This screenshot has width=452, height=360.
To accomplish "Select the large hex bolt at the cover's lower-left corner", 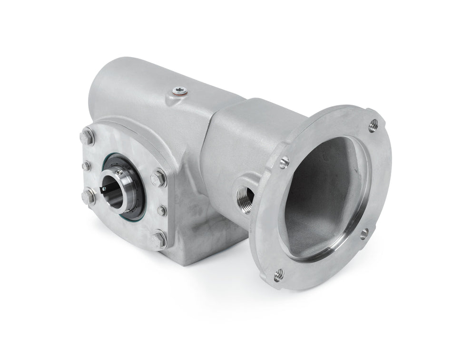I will (88, 196).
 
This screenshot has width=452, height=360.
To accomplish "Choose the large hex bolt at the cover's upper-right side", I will (159, 179).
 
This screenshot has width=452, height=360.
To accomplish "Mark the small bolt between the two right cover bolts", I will (162, 210).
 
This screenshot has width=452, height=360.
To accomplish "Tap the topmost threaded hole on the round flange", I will (373, 125).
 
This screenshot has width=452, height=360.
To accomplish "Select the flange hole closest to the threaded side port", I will (284, 162).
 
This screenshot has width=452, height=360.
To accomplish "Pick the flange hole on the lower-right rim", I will (364, 233).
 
